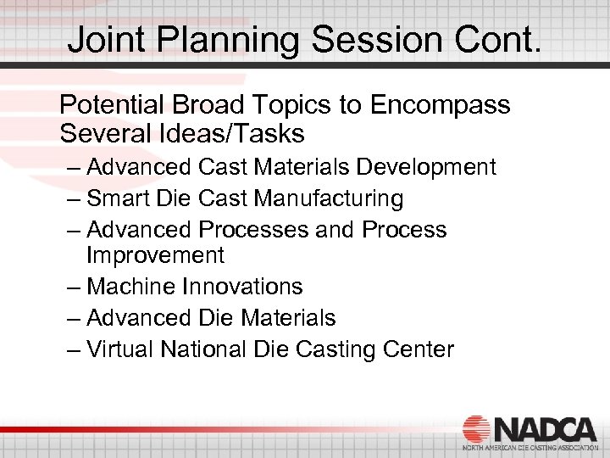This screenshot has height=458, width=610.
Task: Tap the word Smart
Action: [119, 198]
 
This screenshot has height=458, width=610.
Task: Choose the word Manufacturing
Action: [324, 198]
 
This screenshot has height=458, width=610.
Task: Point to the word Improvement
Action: [155, 255]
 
